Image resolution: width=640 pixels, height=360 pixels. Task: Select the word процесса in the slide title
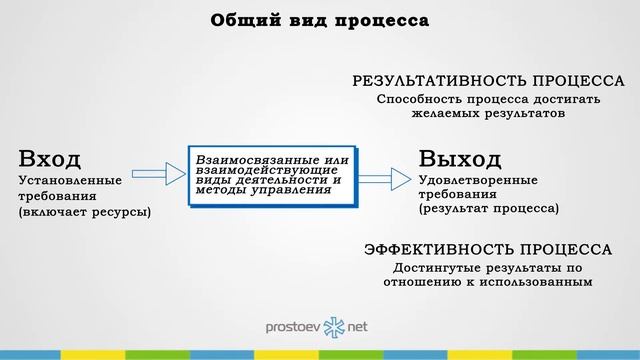tap(377, 20)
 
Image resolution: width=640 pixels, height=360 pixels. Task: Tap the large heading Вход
tap(49, 158)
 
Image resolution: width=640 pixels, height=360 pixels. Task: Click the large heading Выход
tap(460, 158)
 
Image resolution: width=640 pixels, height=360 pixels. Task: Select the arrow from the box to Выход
tap(378, 179)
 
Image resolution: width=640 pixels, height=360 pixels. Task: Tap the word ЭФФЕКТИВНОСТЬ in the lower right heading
tap(427, 249)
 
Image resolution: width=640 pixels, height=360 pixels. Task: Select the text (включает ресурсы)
tap(85, 211)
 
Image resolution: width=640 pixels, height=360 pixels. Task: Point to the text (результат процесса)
tap(489, 208)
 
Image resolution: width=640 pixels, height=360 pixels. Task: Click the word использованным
tap(543, 282)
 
